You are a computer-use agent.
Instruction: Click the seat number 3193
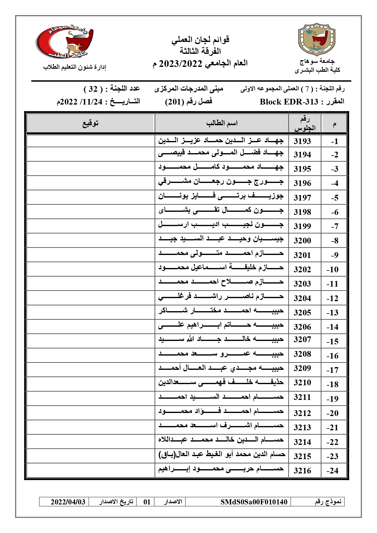pyautogui.click(x=302, y=141)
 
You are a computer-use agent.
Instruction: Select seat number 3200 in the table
pyautogui.click(x=302, y=241)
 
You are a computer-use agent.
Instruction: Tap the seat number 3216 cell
pyautogui.click(x=302, y=471)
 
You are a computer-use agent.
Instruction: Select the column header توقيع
pyautogui.click(x=91, y=123)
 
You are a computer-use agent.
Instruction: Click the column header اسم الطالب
pyautogui.click(x=222, y=123)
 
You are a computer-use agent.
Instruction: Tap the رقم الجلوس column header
pyautogui.click(x=305, y=124)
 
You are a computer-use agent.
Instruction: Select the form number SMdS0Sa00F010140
pyautogui.click(x=254, y=502)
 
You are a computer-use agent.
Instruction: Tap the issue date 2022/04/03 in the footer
pyautogui.click(x=68, y=502)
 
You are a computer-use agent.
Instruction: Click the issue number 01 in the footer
pyautogui.click(x=147, y=502)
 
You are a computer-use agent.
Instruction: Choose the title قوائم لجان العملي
pyautogui.click(x=200, y=40)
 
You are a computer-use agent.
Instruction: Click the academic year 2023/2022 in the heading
pyautogui.click(x=181, y=64)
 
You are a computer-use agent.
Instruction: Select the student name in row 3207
pyautogui.click(x=221, y=339)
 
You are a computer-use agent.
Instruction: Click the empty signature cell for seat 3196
pyautogui.click(x=91, y=183)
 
